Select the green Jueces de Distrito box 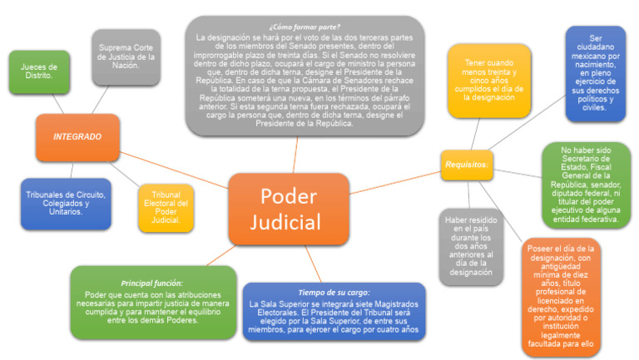coord(39,72)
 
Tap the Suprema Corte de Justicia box coord(126,56)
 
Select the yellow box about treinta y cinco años coord(488,80)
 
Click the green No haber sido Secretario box coord(586,185)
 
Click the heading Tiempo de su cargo coord(333,292)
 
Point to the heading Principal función coord(153,283)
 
